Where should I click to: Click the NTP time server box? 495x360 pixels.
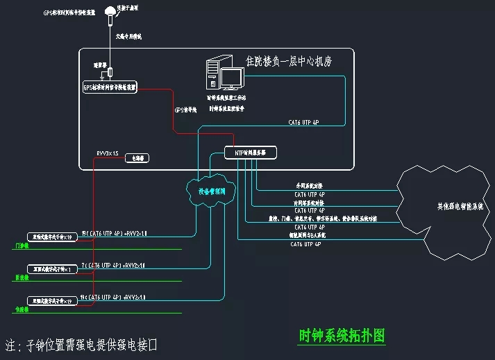(251, 152)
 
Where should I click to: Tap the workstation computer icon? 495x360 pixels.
(224, 75)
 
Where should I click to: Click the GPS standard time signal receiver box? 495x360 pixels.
(110, 87)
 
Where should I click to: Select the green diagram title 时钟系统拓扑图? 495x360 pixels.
(341, 335)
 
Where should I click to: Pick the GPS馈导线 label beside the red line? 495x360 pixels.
(185, 109)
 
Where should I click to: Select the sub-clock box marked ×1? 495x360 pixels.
(53, 268)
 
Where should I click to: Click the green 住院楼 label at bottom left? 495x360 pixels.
(22, 309)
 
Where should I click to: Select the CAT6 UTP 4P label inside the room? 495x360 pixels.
(303, 122)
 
